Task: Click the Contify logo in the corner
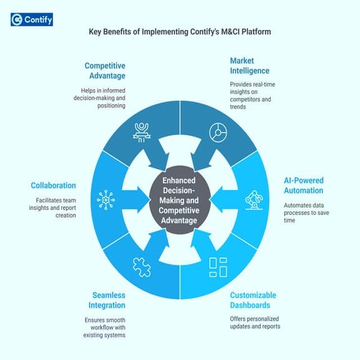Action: [32, 19]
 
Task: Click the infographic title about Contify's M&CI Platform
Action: [179, 31]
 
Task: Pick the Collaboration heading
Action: [53, 186]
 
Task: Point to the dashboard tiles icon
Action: [217, 267]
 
